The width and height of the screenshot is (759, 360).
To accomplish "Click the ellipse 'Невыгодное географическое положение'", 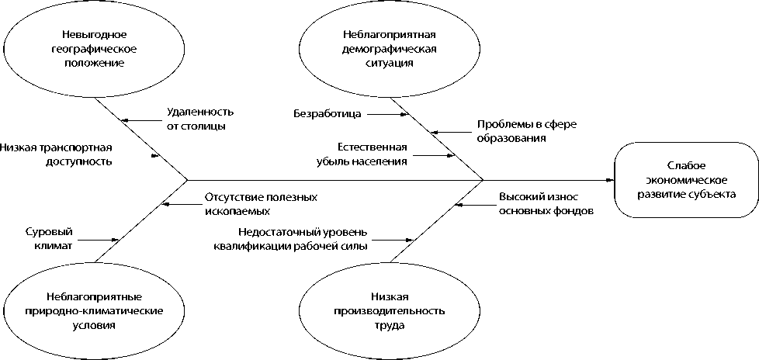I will coord(92,49).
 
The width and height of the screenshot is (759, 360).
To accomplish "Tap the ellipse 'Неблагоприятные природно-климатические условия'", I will coord(92,310).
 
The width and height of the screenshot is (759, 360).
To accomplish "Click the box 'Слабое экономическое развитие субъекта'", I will coord(685,180).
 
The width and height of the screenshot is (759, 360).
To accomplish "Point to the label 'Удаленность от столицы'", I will coord(199,119).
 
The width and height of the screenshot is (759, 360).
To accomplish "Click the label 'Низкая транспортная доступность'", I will coord(57,155).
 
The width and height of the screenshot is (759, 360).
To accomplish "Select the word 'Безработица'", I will coord(327,114).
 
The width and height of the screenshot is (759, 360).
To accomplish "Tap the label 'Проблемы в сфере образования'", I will coord(515,131).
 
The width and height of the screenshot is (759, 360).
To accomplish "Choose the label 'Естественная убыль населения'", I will coord(372,154).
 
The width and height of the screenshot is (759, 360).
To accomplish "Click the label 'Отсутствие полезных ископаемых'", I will coord(261,204).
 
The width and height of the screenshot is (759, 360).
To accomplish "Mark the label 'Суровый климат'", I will coord(48,238).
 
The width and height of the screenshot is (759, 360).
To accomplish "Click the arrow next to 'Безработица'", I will coord(387,114).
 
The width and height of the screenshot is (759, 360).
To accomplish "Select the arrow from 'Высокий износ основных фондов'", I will coord(473,205).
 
